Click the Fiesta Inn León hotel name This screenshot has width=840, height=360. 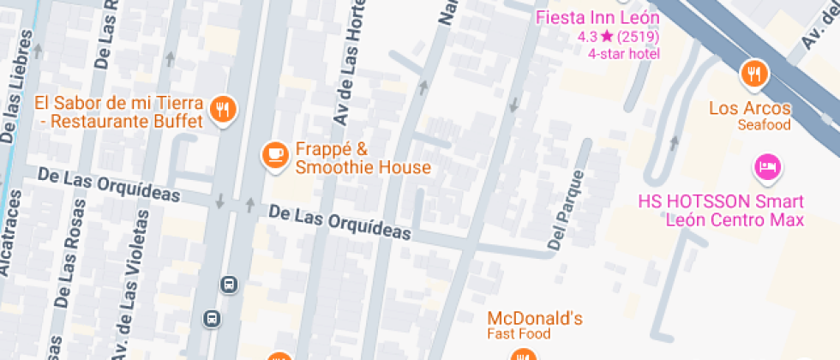click(597, 18)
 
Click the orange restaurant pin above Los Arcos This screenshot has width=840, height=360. click(754, 75)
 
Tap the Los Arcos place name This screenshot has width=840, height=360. click(750, 109)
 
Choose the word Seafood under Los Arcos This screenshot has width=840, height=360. click(764, 125)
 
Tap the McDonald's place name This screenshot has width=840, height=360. click(536, 319)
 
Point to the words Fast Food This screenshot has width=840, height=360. click(519, 333)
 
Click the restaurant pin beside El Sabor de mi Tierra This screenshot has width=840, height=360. click(223, 109)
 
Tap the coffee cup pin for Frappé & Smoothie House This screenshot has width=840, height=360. click(274, 154)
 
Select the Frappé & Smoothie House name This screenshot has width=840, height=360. click(363, 157)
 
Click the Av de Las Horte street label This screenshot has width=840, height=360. click(350, 64)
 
